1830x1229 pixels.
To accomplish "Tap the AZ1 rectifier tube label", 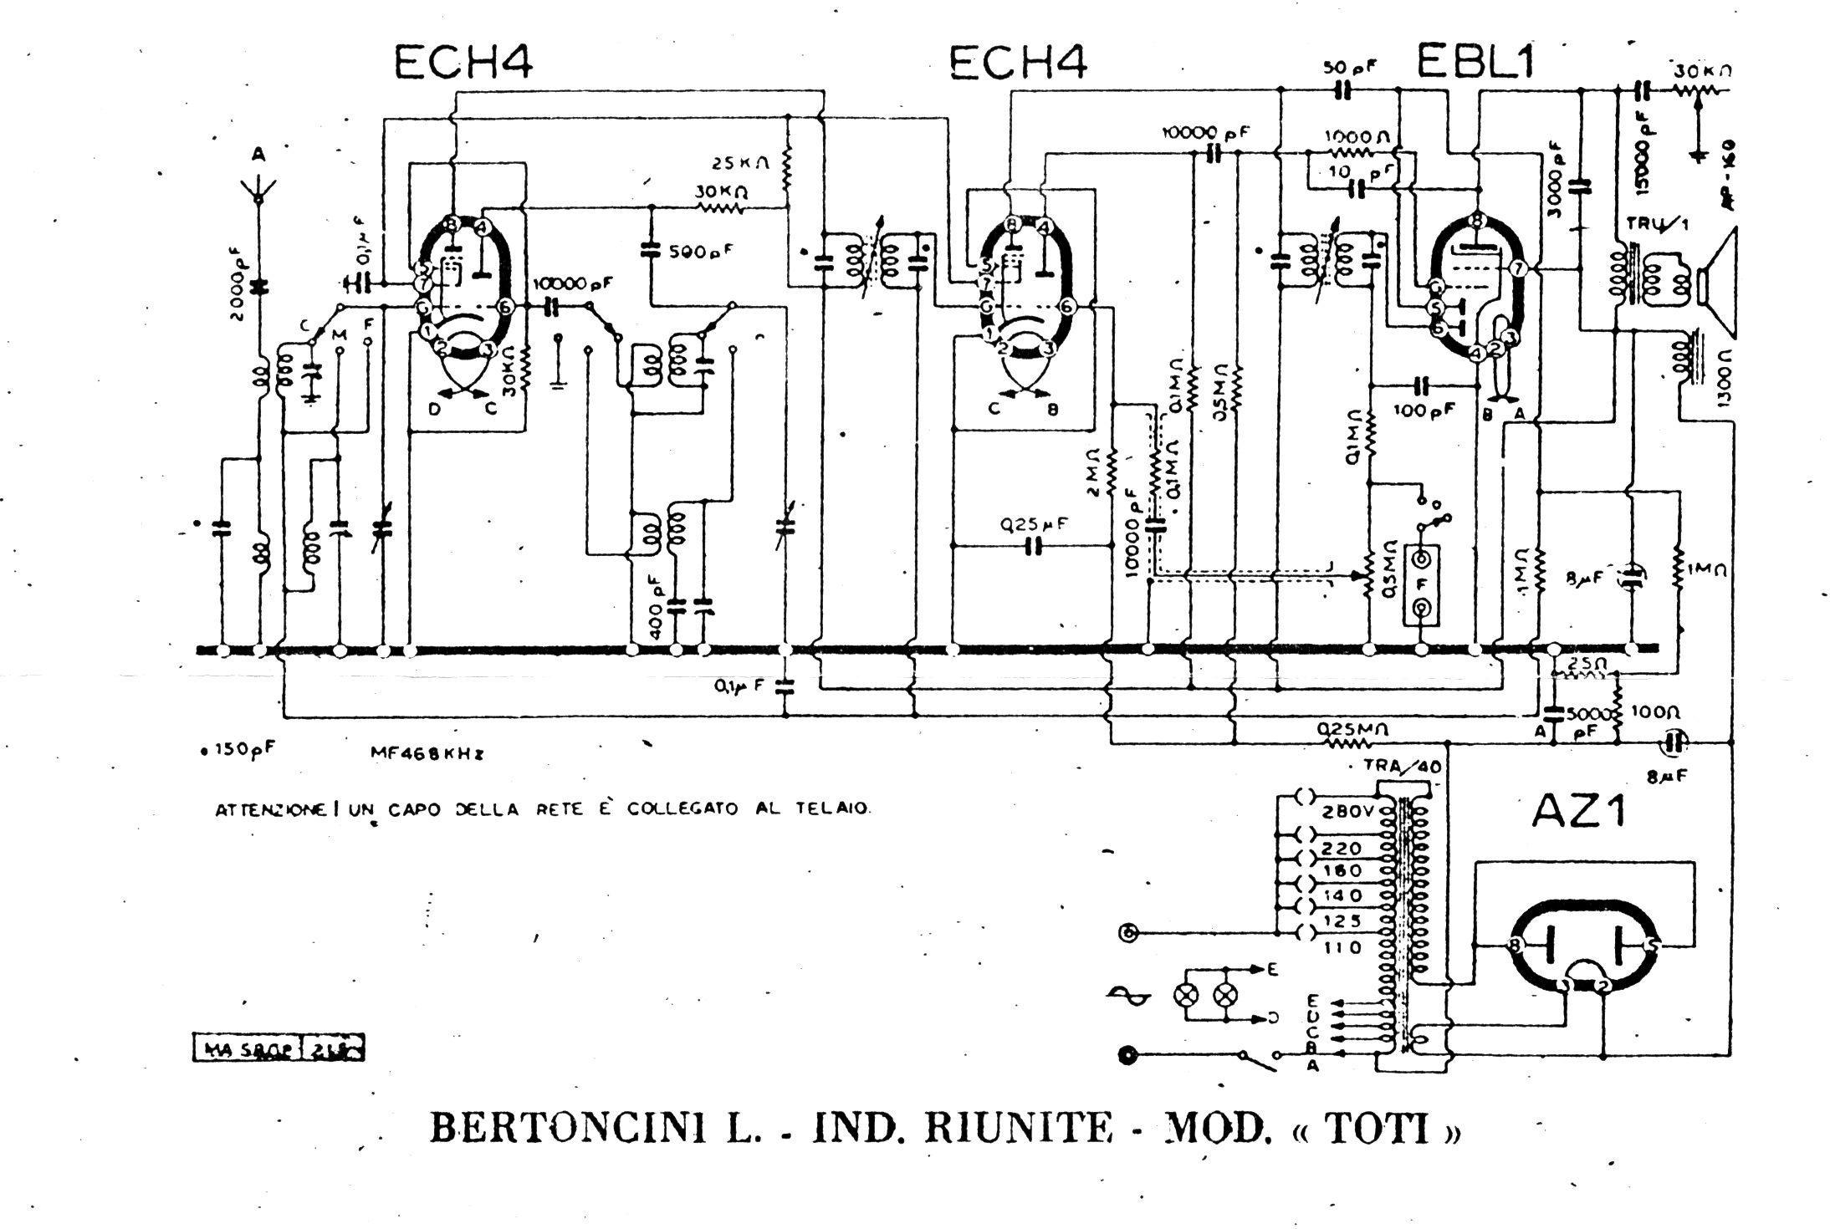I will click(1578, 810).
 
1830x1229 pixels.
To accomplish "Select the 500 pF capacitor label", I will click(703, 250).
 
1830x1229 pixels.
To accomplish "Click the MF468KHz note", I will click(427, 752).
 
